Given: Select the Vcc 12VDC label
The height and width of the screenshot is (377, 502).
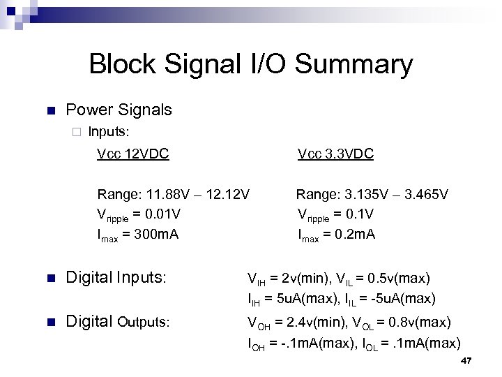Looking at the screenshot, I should click(x=132, y=154).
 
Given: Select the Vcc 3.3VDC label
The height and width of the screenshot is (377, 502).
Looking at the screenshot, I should click(x=335, y=154).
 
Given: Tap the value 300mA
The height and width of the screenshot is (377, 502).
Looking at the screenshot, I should click(x=157, y=234).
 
